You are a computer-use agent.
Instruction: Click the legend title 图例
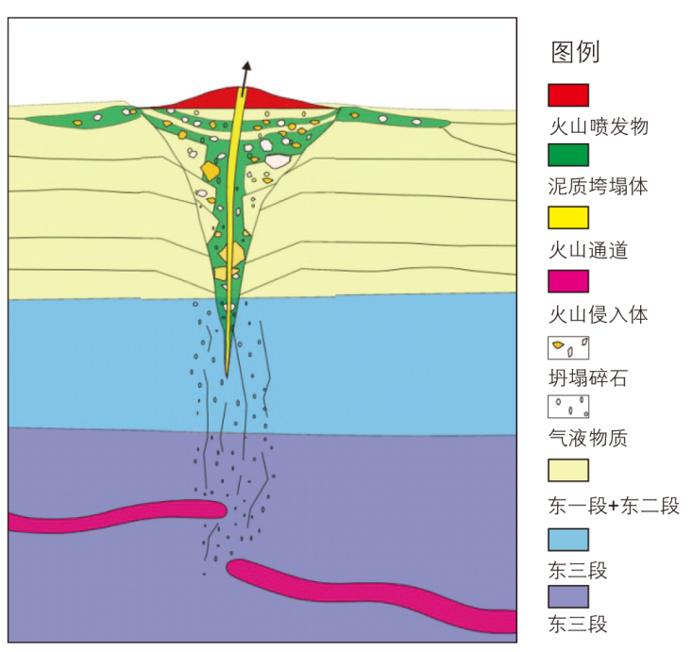coord(575,52)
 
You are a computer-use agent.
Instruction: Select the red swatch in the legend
coord(568,94)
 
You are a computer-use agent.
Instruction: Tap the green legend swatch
coord(568,155)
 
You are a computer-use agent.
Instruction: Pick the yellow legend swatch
coord(568,218)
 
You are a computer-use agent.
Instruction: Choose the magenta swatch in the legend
coord(568,281)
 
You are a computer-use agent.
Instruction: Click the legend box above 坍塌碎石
coord(568,348)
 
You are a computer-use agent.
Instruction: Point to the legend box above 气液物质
coord(568,407)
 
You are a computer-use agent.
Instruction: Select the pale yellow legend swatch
coord(568,470)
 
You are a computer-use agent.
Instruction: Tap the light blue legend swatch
coord(568,539)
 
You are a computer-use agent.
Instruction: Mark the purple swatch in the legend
coord(568,596)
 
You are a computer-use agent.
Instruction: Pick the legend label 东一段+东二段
coord(614,506)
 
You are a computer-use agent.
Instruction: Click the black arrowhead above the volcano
coord(246,67)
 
